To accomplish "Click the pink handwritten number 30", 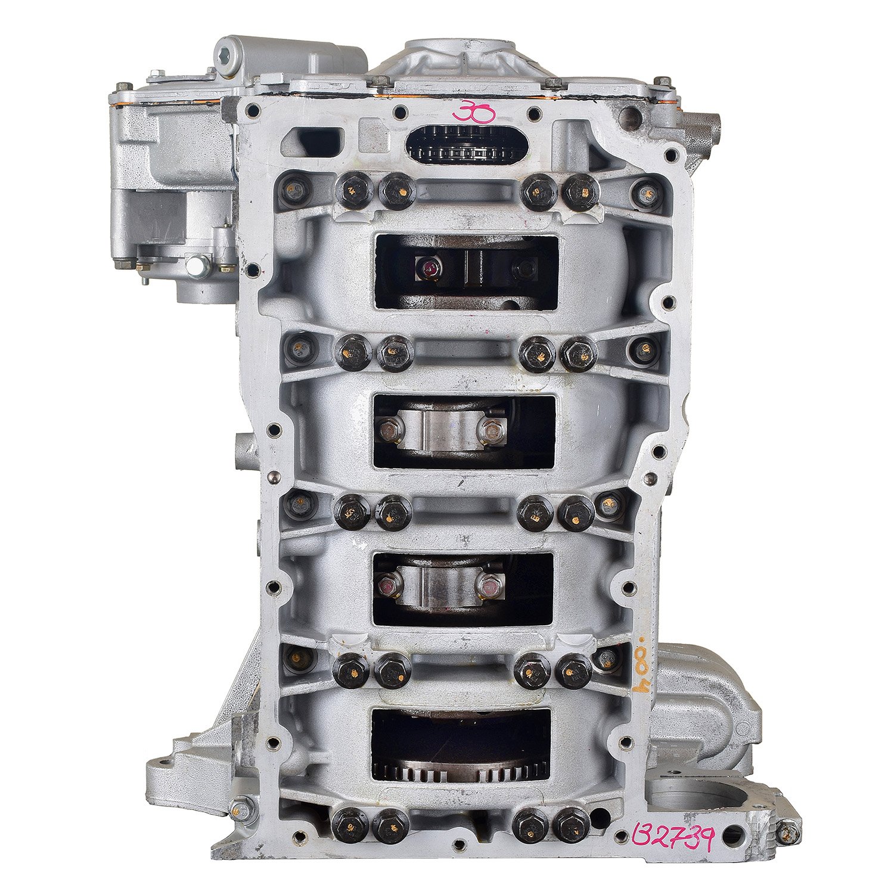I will (x=473, y=112).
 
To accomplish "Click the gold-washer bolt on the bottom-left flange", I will (x=243, y=808).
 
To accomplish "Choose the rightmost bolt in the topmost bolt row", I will (x=645, y=191).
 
